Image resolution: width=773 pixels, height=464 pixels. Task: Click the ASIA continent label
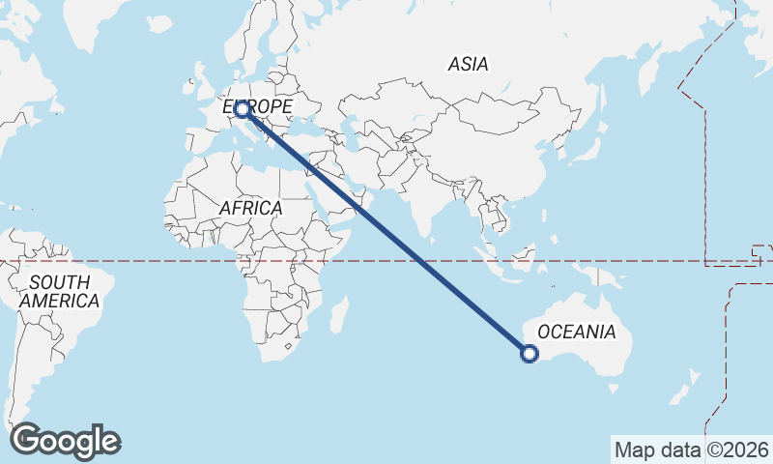point(468,65)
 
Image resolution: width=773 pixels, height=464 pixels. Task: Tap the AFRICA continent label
point(250,208)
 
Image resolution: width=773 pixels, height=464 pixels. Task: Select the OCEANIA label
point(576,332)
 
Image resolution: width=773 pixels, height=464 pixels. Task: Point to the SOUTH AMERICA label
point(59,291)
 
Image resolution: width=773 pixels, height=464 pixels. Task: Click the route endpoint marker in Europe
point(241,110)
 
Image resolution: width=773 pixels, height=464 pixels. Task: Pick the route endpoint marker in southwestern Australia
point(530,354)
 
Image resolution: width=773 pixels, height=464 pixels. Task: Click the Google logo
point(66,441)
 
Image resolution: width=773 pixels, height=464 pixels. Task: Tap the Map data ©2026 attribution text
point(691,449)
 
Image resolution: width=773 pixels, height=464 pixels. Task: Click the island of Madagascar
point(338,314)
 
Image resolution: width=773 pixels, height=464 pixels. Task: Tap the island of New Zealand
point(690,387)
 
